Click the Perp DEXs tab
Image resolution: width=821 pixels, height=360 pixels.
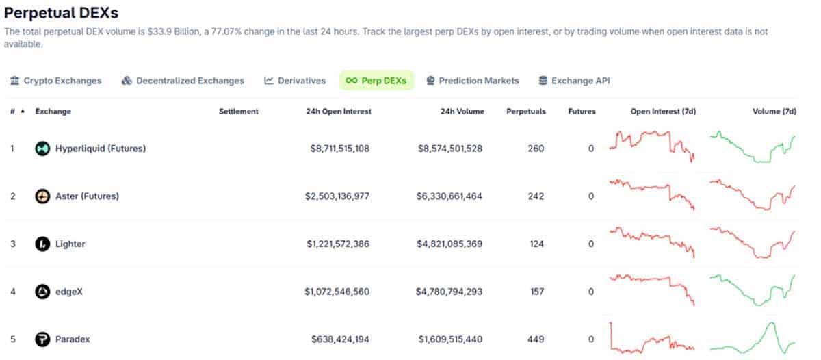(376, 81)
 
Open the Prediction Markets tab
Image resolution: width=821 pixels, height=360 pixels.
(472, 81)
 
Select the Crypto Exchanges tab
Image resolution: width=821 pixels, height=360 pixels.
(55, 81)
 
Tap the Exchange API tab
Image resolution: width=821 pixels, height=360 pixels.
(574, 81)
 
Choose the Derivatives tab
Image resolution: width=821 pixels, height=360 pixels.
(295, 81)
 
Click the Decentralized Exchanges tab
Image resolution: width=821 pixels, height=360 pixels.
(183, 81)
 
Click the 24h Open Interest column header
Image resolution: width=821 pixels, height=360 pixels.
(339, 111)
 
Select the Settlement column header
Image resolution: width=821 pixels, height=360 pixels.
(238, 111)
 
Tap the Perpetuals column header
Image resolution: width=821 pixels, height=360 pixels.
(525, 111)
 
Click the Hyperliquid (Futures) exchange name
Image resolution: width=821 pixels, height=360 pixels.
(100, 148)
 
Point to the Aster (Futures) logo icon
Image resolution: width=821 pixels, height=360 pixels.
(43, 196)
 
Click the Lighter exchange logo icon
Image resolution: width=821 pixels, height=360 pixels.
(43, 244)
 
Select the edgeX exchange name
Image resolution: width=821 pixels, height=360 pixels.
(70, 292)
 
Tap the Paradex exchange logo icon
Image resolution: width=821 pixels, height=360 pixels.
(43, 339)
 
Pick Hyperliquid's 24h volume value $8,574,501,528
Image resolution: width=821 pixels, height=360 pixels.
(449, 148)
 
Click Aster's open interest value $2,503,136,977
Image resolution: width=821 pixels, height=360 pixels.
(337, 196)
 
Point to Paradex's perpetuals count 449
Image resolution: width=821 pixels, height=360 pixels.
(536, 339)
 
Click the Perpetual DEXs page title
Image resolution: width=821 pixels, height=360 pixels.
(62, 13)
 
